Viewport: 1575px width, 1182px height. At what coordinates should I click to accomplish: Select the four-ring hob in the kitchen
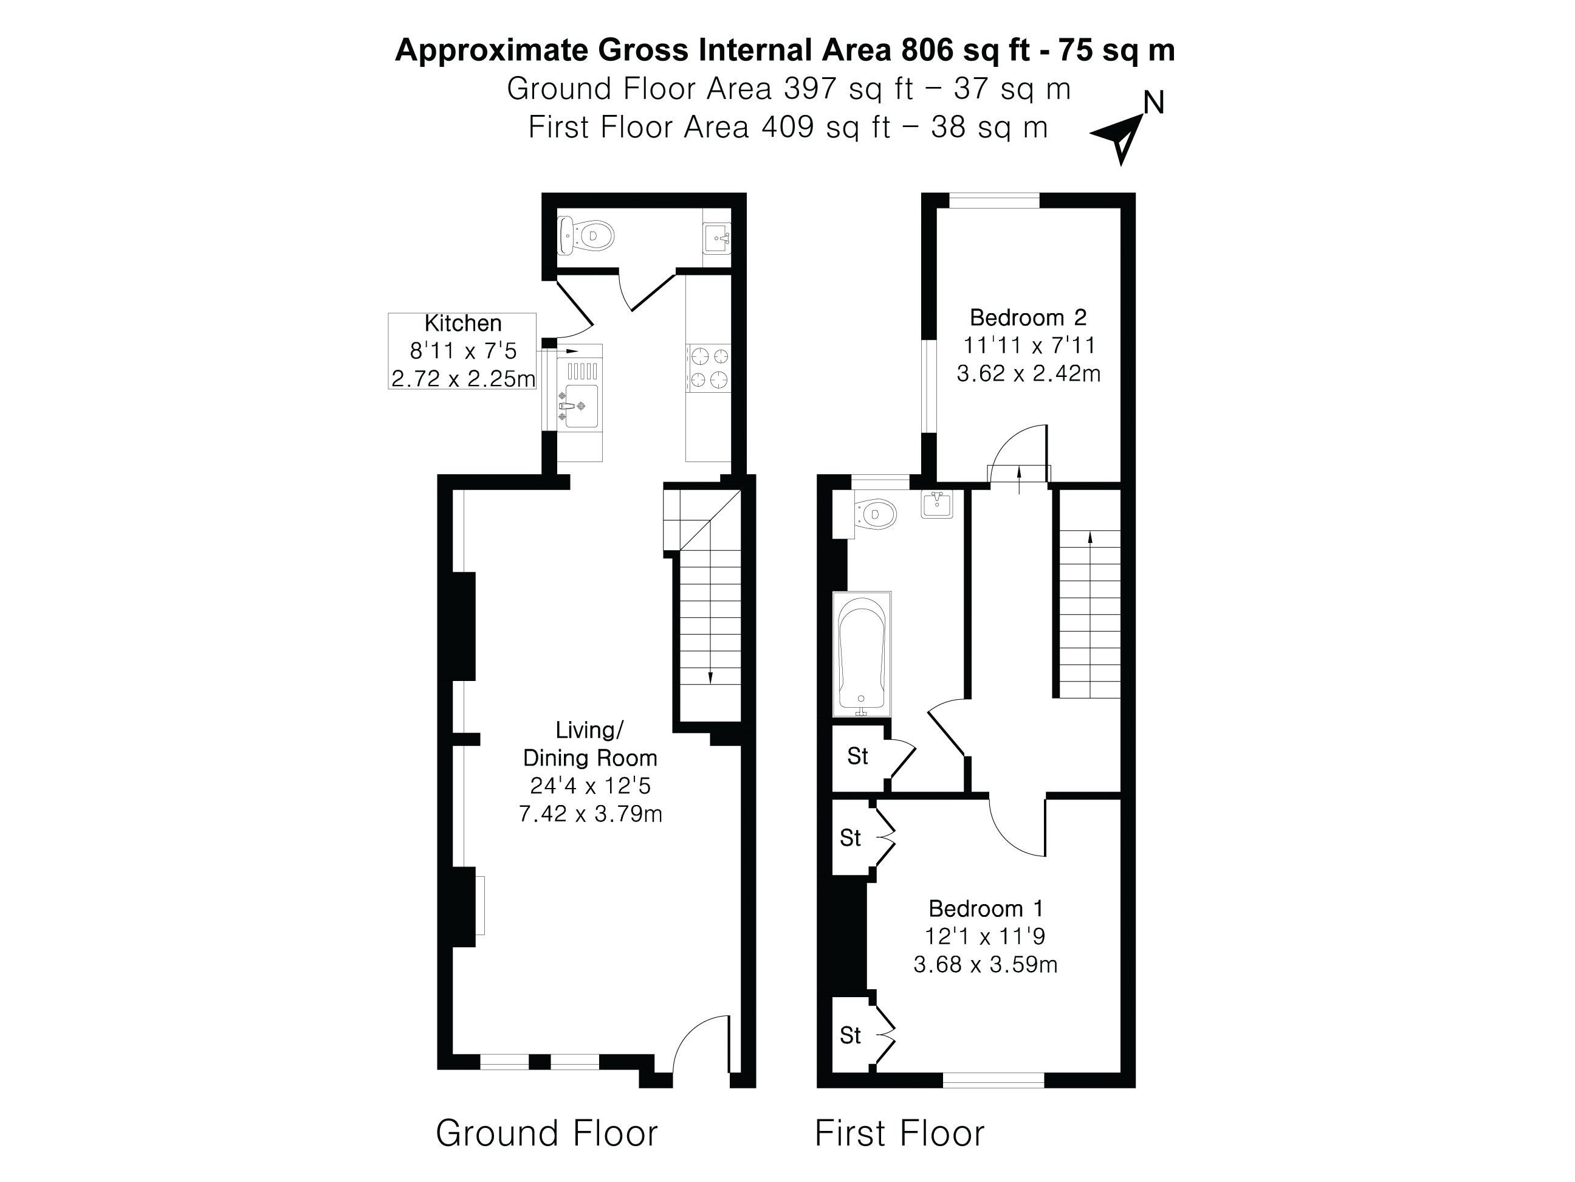pos(709,368)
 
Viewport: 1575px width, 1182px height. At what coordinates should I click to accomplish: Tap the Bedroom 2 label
pos(1028,317)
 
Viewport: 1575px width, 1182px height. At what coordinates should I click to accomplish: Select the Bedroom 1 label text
pos(986,908)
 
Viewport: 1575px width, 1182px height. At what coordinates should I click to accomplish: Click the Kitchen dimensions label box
pos(462,351)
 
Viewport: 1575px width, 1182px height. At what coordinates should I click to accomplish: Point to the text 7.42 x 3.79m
pos(590,814)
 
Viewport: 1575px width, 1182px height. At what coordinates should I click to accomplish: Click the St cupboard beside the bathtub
pos(858,756)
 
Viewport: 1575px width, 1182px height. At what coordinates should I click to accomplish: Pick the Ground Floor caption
pos(546,1133)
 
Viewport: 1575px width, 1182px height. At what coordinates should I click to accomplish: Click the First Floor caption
pos(899,1133)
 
